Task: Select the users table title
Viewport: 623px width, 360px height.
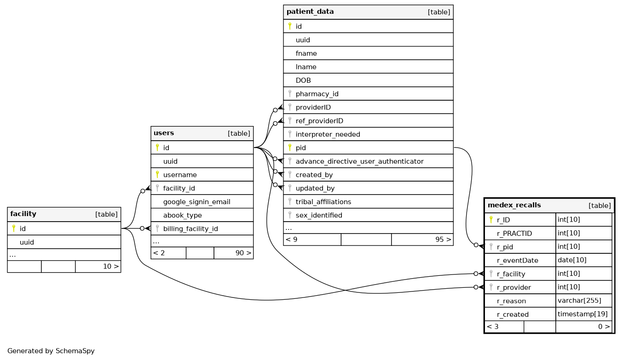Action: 164,133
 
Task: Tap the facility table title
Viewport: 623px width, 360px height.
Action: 23,214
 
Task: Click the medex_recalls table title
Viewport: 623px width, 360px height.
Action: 514,205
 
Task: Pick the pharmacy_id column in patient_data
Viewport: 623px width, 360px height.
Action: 317,94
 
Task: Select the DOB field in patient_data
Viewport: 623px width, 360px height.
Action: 303,80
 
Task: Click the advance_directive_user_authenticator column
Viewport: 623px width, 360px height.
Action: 359,161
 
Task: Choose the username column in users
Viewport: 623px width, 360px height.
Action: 180,175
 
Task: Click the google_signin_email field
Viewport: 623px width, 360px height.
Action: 196,202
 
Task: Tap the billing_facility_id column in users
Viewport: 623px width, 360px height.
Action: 190,229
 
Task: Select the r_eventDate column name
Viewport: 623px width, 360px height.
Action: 517,260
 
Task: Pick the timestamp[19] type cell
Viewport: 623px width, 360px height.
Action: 583,314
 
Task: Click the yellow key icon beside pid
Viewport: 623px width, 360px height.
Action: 290,148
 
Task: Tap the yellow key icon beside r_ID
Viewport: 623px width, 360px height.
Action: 491,220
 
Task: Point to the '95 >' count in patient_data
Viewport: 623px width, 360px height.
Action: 443,240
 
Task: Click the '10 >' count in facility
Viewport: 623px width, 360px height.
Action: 110,266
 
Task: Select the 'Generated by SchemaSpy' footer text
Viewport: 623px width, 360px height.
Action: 51,351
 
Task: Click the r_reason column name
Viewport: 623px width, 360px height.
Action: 511,301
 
